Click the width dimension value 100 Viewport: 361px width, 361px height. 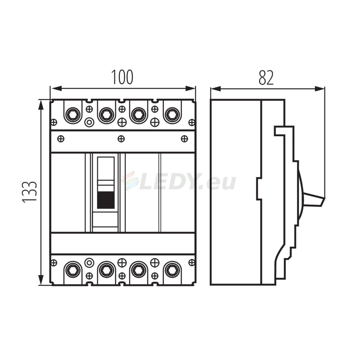[122, 77]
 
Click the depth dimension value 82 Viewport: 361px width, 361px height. [266, 78]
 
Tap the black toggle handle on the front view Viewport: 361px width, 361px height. [106, 200]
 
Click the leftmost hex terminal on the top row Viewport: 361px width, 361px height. [73, 115]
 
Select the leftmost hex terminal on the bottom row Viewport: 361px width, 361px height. [73, 270]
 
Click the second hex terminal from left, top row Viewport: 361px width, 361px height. [106, 115]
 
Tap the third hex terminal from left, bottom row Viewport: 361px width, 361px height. [139, 270]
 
